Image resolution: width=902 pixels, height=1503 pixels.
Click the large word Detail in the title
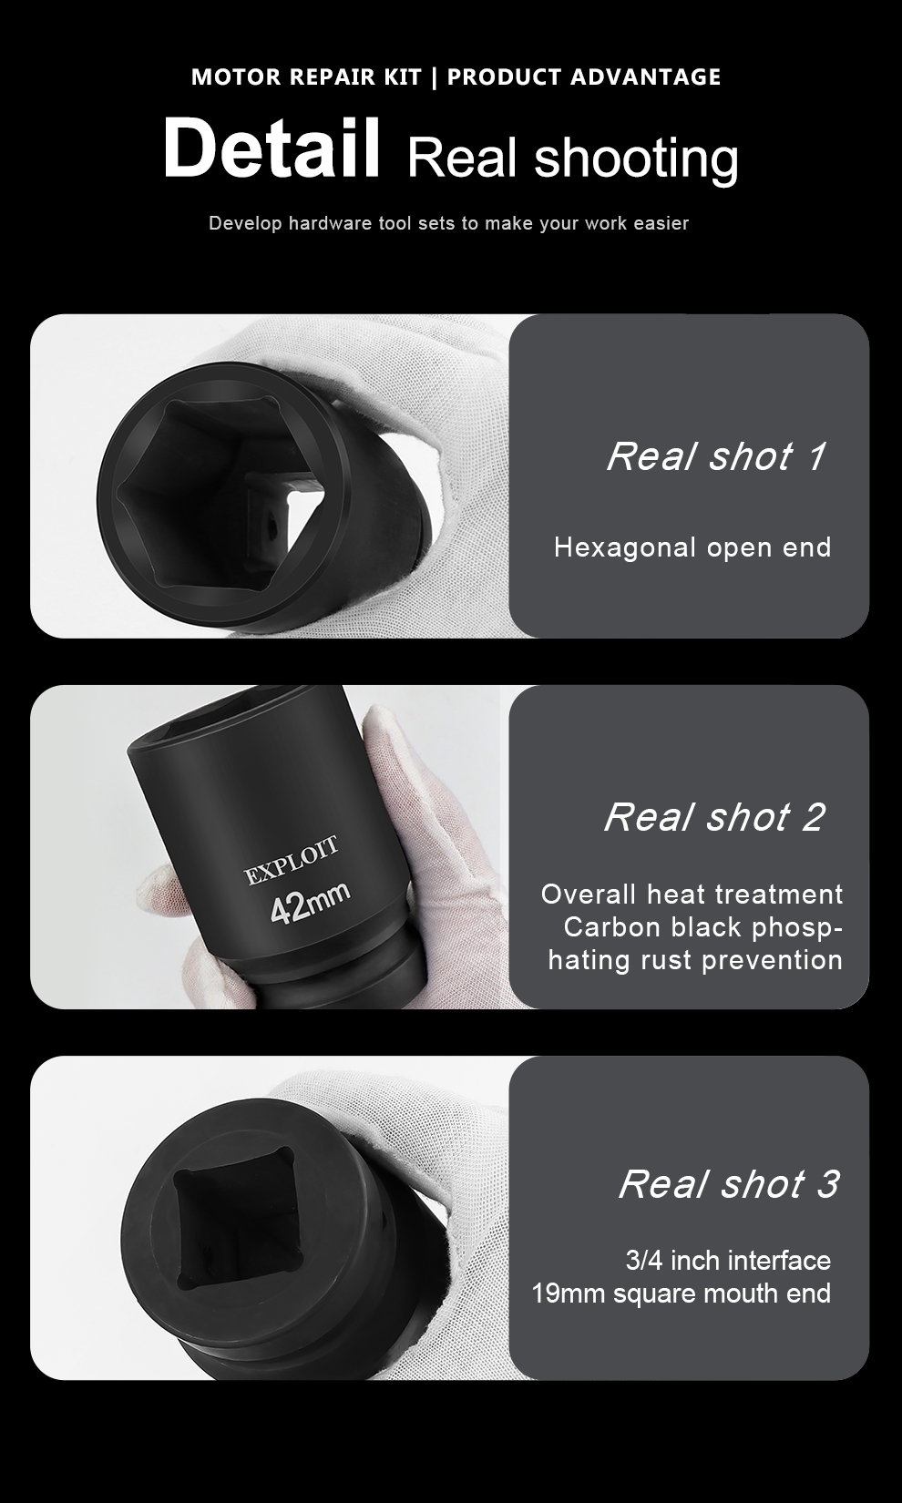tap(272, 147)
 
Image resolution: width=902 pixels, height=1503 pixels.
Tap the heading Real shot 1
tap(716, 457)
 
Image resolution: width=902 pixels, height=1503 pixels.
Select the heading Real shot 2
tap(714, 817)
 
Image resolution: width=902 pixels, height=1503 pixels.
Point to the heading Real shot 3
tap(729, 1183)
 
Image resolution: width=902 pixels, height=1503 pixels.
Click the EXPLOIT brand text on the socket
tap(292, 862)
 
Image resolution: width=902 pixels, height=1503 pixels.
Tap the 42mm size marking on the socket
tap(310, 902)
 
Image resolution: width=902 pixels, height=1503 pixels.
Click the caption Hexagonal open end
tap(692, 547)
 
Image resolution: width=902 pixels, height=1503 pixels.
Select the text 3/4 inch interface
tap(728, 1261)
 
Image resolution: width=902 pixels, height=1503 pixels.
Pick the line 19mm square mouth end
tap(682, 1293)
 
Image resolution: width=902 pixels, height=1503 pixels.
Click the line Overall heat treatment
tap(692, 895)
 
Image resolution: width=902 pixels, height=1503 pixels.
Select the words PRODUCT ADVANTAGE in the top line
tap(584, 77)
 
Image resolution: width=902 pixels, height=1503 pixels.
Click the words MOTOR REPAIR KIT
tap(306, 77)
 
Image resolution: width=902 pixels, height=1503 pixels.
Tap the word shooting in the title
tap(636, 159)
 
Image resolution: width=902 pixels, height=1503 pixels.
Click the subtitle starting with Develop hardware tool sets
tap(448, 223)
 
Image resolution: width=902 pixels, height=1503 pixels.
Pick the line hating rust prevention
tap(695, 960)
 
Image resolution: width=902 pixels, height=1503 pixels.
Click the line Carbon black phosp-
tap(702, 927)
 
